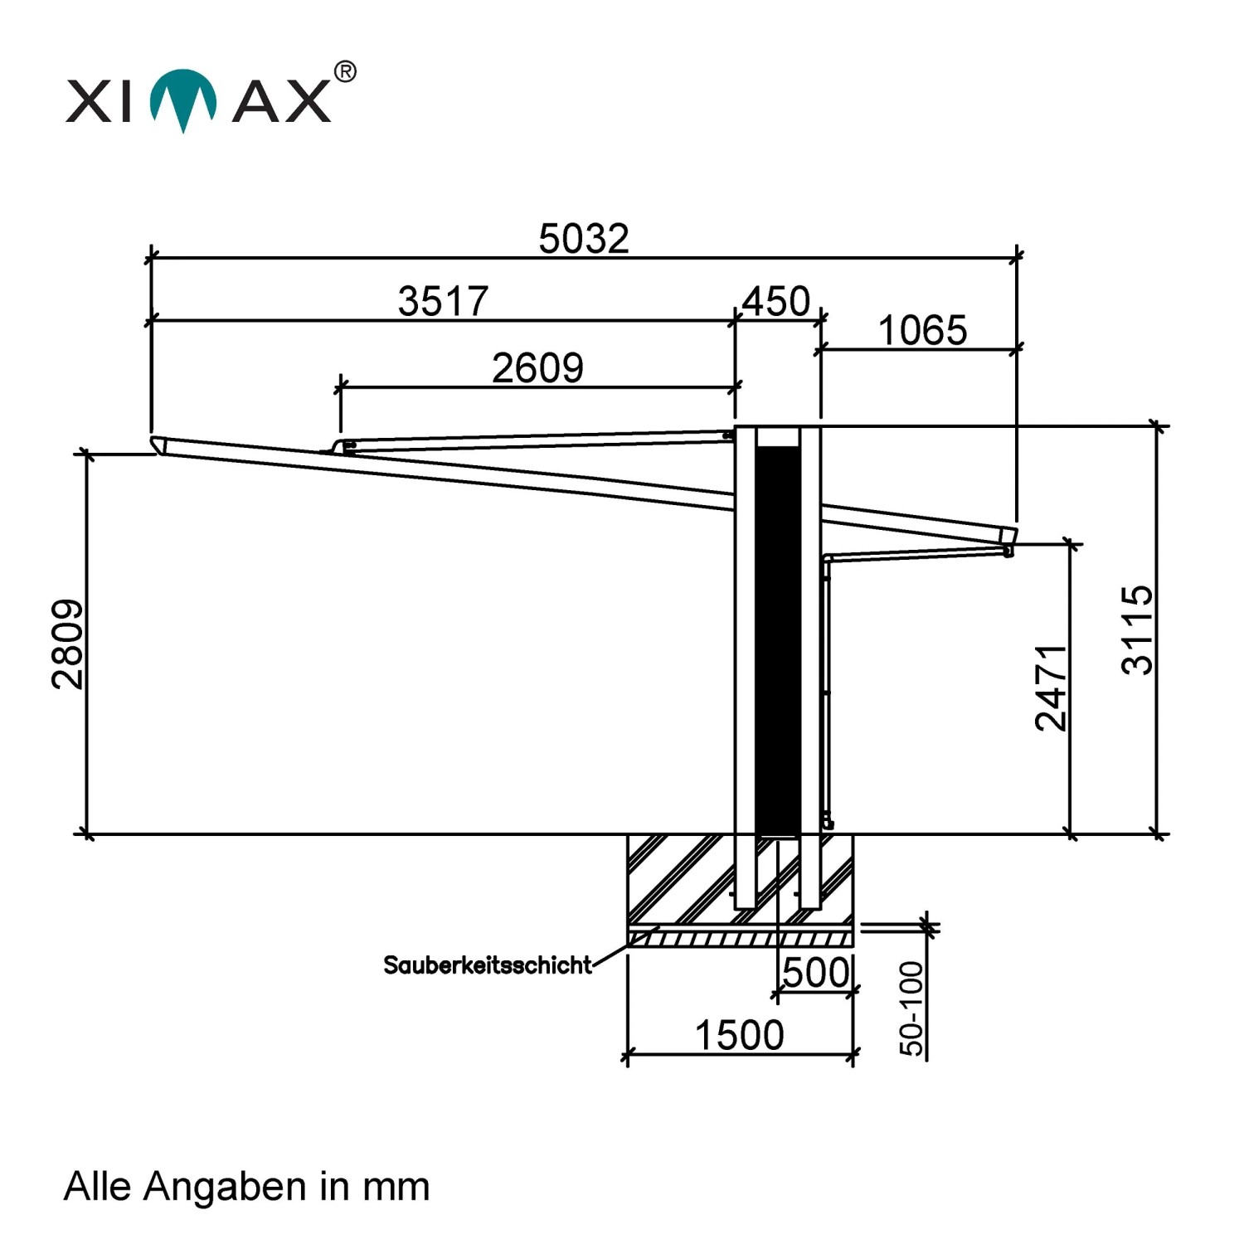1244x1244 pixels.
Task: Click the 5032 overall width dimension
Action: pyautogui.click(x=584, y=239)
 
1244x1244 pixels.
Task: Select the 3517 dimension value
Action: pyautogui.click(x=443, y=301)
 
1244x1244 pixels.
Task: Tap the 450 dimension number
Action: pyautogui.click(x=775, y=301)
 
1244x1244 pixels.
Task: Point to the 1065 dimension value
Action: pyautogui.click(x=922, y=331)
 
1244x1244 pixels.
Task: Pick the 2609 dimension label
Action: pyautogui.click(x=537, y=368)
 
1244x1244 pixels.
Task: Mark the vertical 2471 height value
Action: pyautogui.click(x=1051, y=688)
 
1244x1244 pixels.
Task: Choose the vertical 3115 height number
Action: pyautogui.click(x=1136, y=629)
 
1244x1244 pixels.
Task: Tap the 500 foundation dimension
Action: pyautogui.click(x=817, y=973)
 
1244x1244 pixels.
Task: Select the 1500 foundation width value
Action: pyautogui.click(x=739, y=1036)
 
